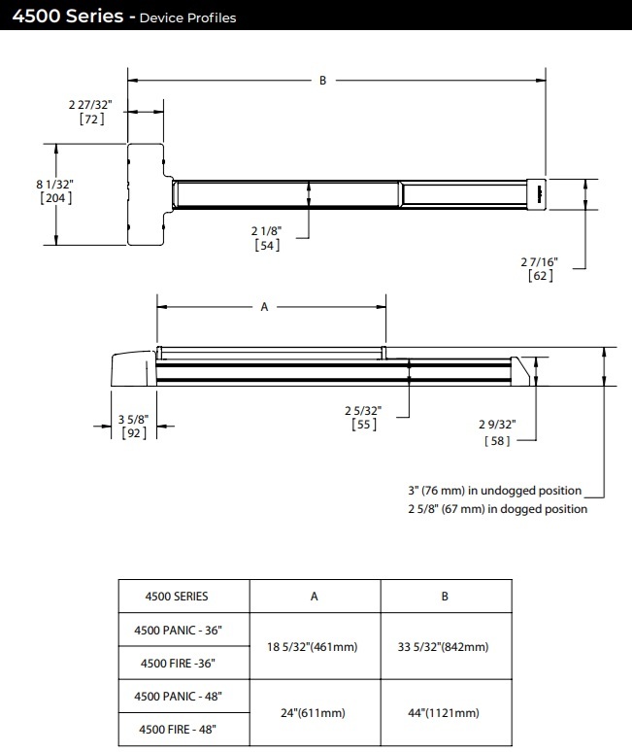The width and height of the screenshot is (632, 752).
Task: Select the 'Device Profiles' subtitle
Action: tap(187, 17)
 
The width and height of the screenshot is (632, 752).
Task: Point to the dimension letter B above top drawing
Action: tap(323, 81)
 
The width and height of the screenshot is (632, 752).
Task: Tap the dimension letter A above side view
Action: tap(264, 306)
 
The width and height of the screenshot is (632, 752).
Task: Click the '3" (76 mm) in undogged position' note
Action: tap(494, 491)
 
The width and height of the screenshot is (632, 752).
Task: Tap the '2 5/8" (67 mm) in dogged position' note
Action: tap(497, 508)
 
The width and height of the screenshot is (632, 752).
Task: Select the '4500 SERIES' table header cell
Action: tap(177, 597)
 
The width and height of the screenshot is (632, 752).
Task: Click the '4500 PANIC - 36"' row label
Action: tap(178, 630)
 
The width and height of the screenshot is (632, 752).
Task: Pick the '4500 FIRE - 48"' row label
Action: tap(178, 730)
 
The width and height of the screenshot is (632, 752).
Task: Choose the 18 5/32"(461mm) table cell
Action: tap(315, 646)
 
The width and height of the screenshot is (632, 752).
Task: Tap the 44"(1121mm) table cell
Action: tap(445, 713)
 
